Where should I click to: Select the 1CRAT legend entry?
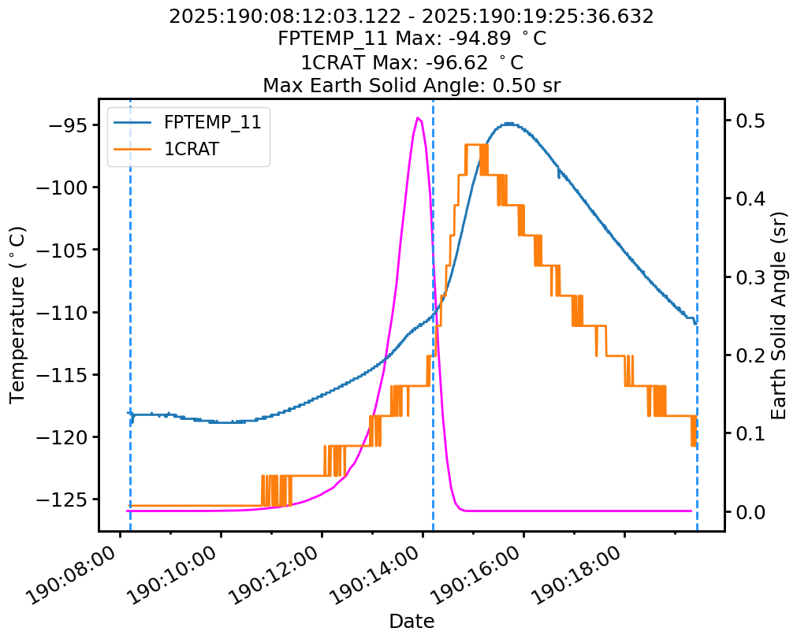point(191,150)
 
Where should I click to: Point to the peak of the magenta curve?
point(418,118)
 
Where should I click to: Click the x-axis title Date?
point(412,621)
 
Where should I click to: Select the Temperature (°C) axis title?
point(17,314)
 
